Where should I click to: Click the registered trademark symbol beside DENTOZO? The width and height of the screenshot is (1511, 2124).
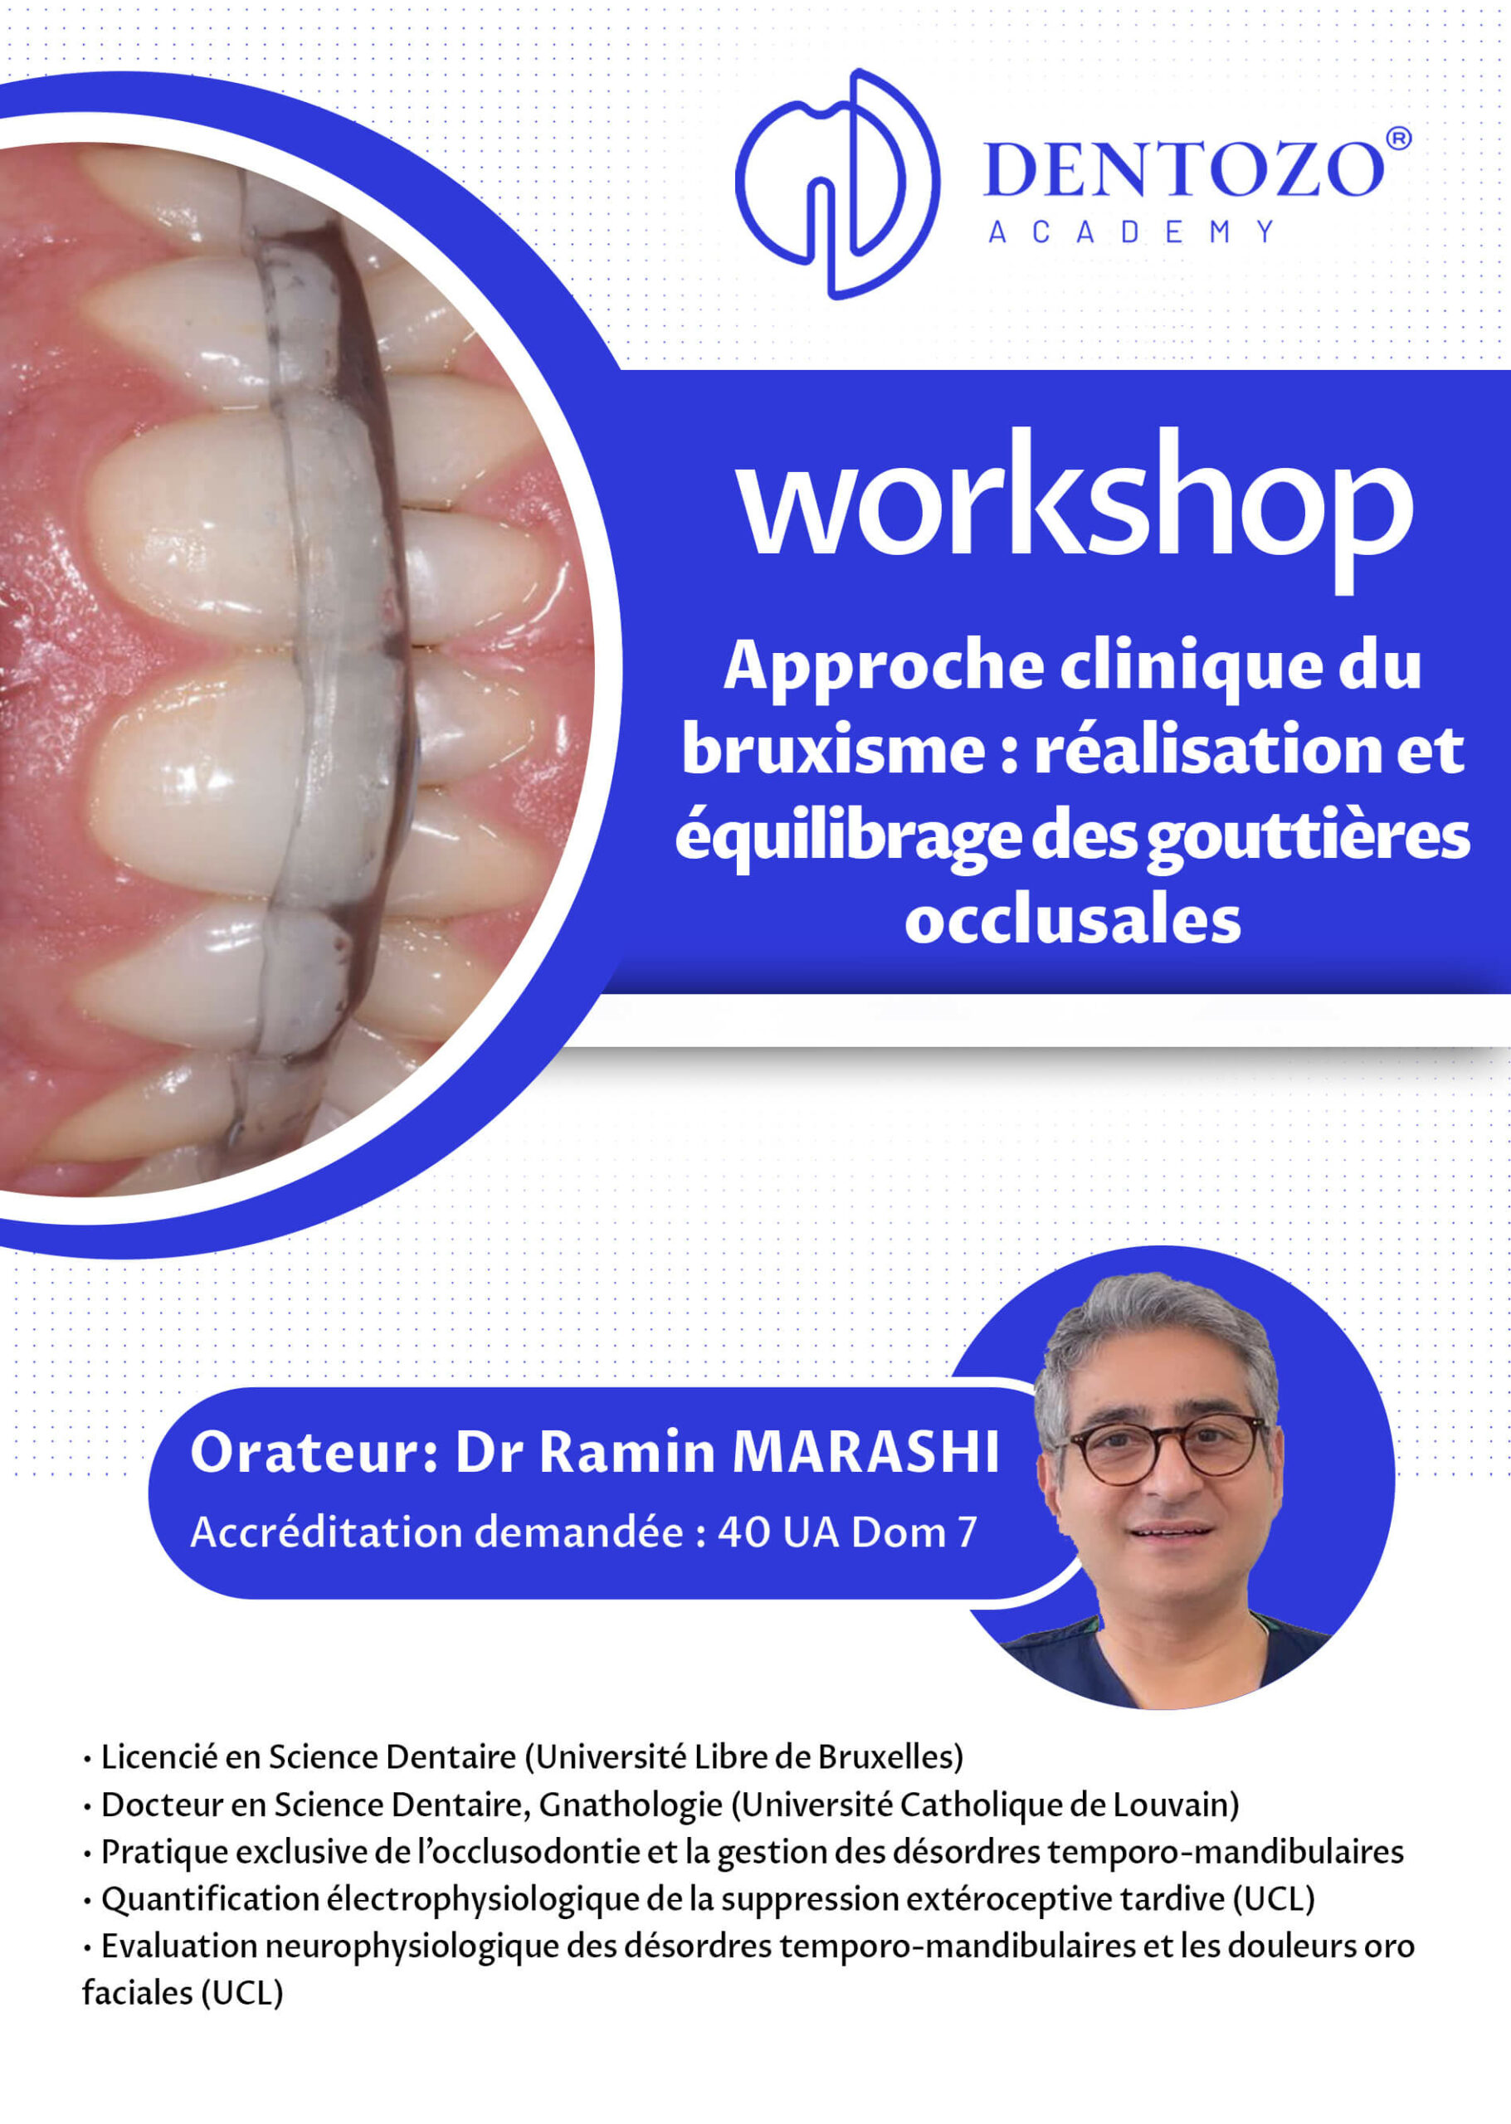pyautogui.click(x=1398, y=139)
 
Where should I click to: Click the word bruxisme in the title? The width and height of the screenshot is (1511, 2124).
pyautogui.click(x=834, y=750)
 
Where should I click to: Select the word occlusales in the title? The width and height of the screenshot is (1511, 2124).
pyautogui.click(x=1073, y=920)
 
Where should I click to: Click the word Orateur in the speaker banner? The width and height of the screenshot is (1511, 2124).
pyautogui.click(x=314, y=1451)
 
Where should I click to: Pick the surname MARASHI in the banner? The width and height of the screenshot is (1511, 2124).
pyautogui.click(x=865, y=1451)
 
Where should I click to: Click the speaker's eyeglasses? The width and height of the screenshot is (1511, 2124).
pyautogui.click(x=1167, y=1449)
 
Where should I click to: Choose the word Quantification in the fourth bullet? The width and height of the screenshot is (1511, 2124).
pyautogui.click(x=210, y=1900)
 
